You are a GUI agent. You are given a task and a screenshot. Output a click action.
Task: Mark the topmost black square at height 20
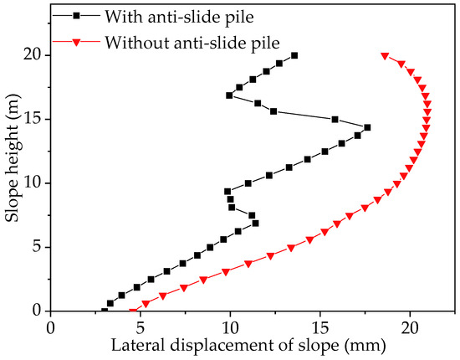[294, 55]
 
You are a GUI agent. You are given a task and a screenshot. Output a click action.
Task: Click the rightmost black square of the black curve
[367, 127]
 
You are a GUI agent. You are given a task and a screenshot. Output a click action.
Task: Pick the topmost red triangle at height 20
[385, 56]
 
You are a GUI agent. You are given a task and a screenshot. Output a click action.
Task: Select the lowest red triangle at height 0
[132, 311]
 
